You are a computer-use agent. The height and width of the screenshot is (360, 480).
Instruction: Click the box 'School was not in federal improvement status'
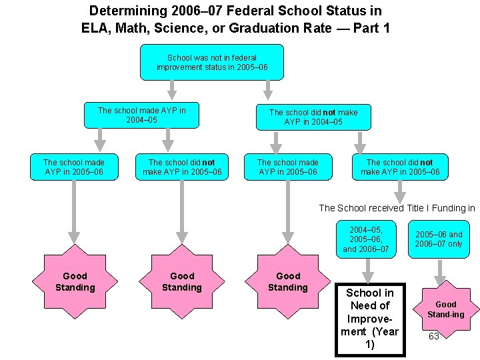(x=211, y=62)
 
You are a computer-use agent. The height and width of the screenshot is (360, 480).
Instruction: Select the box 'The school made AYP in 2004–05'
(x=141, y=115)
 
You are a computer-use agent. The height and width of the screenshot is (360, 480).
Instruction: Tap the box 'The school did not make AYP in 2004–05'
(x=313, y=117)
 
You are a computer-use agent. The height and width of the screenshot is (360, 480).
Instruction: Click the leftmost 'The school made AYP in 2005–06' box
(x=74, y=167)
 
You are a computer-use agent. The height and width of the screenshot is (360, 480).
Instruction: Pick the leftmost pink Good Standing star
(x=75, y=281)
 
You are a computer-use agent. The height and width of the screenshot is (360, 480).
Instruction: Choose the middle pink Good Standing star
(x=181, y=281)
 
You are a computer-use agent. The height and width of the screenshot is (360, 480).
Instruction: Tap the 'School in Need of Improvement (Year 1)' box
(x=369, y=319)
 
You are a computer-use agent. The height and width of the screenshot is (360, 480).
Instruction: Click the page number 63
(x=433, y=336)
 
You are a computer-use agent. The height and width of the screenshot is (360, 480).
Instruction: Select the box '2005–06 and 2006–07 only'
(x=439, y=239)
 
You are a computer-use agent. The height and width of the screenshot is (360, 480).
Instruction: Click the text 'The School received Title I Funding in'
(x=397, y=208)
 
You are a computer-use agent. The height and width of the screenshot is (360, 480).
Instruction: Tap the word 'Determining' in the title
(x=121, y=11)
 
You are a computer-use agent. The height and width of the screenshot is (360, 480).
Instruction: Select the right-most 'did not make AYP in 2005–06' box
(x=400, y=167)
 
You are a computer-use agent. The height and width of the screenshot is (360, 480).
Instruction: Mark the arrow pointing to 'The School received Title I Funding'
(x=399, y=191)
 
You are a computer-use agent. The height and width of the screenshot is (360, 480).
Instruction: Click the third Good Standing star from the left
(x=288, y=281)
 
